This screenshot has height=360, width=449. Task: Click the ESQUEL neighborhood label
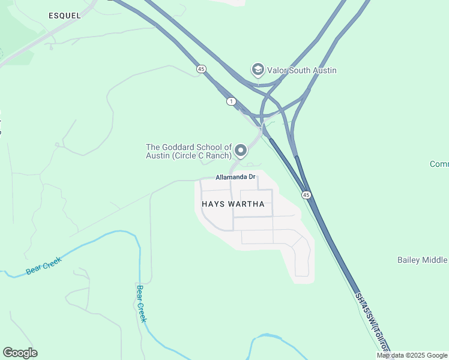(64, 16)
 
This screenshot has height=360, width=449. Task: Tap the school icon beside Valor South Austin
(258, 70)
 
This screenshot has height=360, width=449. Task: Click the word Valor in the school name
(279, 70)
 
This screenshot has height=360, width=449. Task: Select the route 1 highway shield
(231, 101)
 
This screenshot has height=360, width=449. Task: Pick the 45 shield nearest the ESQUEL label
(201, 70)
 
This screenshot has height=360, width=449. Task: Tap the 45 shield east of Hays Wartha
(306, 195)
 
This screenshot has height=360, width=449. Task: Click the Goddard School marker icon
(241, 150)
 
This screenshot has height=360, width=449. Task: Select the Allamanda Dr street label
(236, 177)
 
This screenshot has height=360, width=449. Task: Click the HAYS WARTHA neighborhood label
(230, 204)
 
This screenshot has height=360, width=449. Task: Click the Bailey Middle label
(423, 260)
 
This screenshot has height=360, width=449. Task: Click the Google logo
(20, 353)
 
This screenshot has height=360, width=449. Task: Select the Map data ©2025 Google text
(412, 355)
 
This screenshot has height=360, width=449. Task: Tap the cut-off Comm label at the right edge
(439, 164)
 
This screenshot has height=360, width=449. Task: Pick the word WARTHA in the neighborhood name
(246, 204)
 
